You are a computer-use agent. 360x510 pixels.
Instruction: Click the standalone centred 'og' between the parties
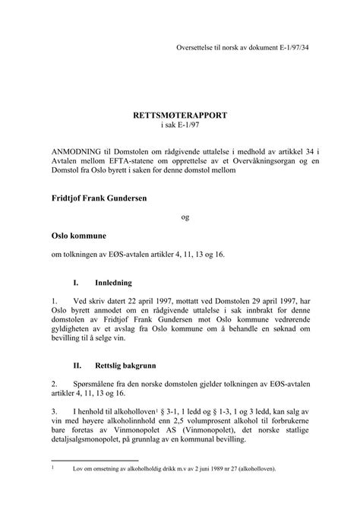coord(185,217)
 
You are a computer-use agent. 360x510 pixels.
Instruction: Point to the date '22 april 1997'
coord(144,301)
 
